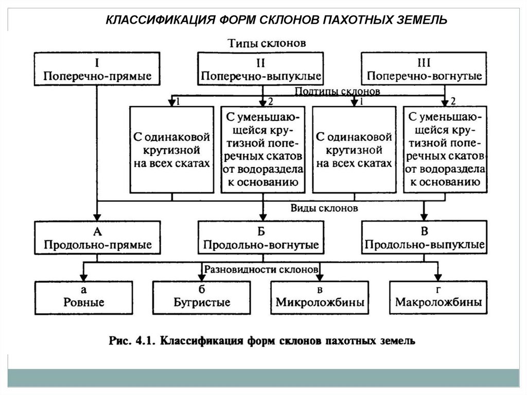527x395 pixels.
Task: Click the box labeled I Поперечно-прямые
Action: (97, 69)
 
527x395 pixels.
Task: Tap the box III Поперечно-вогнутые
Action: (423, 69)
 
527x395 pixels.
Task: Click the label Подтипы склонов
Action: (337, 92)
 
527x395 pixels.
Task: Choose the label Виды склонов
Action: (324, 209)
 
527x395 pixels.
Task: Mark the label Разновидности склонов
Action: (262, 269)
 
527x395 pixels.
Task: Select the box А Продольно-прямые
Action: (97, 237)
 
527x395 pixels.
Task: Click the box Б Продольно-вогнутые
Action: (261, 237)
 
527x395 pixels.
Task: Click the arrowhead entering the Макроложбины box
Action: (438, 276)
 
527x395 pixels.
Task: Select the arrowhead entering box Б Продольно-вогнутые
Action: (263, 217)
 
